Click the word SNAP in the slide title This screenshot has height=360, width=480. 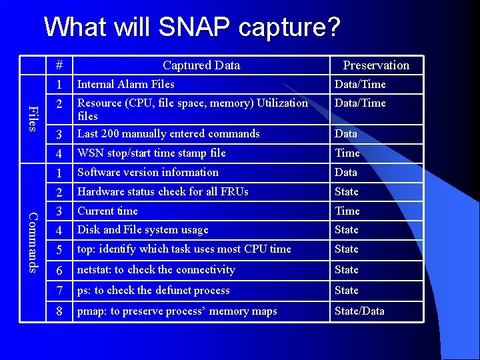194,28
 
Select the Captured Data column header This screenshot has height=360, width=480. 201,65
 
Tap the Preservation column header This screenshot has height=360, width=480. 376,65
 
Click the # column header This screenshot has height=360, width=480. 59,65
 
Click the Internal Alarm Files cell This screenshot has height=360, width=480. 125,85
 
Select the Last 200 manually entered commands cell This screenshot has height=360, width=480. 168,134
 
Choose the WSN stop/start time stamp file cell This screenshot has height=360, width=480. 151,153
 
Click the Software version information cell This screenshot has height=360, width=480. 147,173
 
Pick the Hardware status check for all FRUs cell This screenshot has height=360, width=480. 163,192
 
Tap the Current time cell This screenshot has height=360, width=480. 107,211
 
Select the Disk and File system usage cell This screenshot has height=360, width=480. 143,230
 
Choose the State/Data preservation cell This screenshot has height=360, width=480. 359,311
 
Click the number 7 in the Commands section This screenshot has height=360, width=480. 59,291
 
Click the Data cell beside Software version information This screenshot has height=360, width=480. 345,173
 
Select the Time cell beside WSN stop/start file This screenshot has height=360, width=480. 347,153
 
